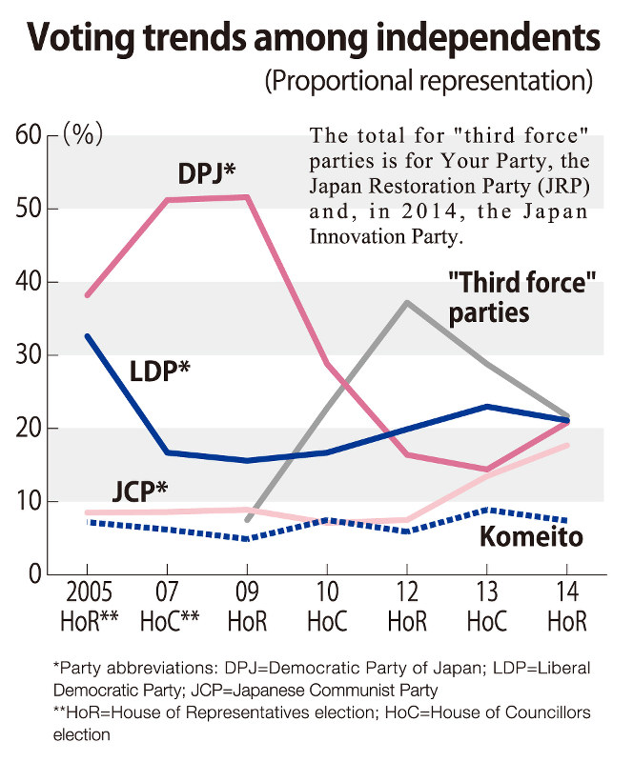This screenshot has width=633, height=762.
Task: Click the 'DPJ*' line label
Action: pos(207,173)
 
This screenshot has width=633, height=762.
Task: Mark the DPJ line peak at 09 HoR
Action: pos(247,197)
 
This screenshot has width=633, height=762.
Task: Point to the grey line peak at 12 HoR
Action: pos(408,302)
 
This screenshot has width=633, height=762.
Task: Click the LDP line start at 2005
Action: pos(88,335)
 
